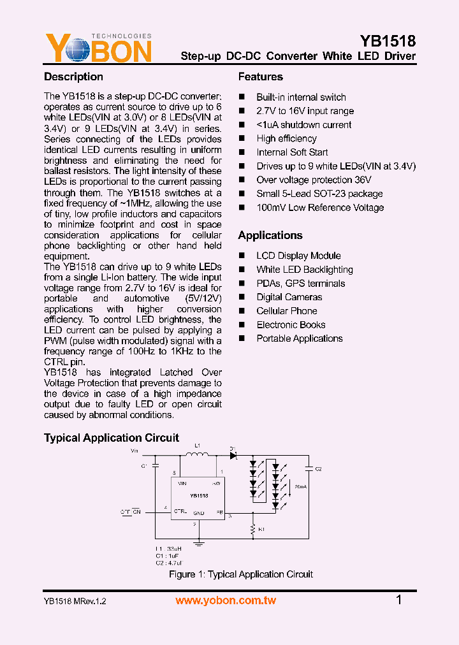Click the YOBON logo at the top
(x=98, y=48)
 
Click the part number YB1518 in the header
(x=388, y=41)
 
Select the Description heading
(x=73, y=77)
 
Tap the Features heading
(x=260, y=77)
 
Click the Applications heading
(x=270, y=235)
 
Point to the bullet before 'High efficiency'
(x=242, y=138)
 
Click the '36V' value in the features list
(x=363, y=180)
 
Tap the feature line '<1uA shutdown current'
(x=303, y=125)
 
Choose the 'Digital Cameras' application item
(x=289, y=297)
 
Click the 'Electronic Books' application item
(x=291, y=325)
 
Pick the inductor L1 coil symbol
(x=197, y=454)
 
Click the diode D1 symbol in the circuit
(x=233, y=455)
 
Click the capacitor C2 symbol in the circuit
(x=309, y=469)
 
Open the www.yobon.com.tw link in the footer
(x=226, y=600)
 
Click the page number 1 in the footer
(x=399, y=600)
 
